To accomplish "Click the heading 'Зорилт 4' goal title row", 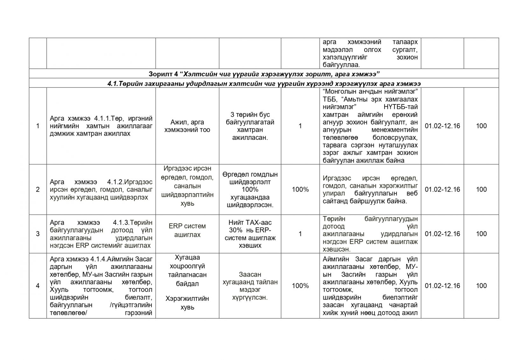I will click(x=264, y=74).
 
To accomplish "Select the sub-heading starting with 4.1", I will click(x=264, y=83).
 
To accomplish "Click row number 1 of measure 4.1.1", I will click(x=38, y=126).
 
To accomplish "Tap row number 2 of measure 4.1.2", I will click(x=38, y=190).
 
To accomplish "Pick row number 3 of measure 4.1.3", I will click(x=38, y=234).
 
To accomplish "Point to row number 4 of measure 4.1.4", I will click(x=38, y=286).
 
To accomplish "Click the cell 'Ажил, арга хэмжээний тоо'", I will click(x=187, y=126).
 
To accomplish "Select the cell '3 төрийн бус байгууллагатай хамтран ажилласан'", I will click(x=250, y=126).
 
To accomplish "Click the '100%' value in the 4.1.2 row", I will click(x=300, y=190).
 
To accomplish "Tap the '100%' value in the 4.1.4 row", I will click(x=300, y=286).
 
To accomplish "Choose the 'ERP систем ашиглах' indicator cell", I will click(x=187, y=230).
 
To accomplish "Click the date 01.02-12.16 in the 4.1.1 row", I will click(x=442, y=126).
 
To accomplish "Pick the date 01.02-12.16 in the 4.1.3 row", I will click(x=442, y=234).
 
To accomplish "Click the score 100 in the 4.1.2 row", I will click(x=481, y=190).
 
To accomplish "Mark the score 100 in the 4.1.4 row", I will click(x=481, y=286).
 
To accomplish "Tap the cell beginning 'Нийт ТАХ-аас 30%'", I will click(x=250, y=234).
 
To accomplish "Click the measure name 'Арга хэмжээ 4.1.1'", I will click(x=101, y=126).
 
